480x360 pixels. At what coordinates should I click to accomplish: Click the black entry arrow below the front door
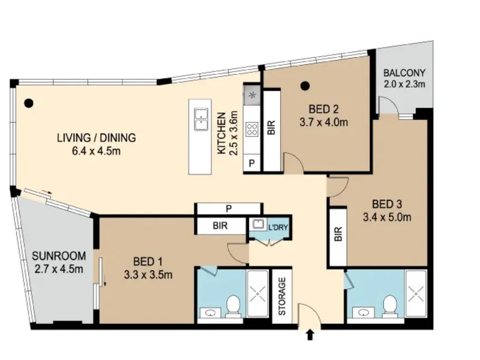point(310,335)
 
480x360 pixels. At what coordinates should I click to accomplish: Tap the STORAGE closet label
point(282,296)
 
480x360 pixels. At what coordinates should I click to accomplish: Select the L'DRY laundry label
point(278,227)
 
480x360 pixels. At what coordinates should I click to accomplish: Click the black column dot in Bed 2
point(305,86)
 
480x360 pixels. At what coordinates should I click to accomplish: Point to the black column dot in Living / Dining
point(28,103)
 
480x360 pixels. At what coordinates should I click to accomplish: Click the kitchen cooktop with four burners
point(252,128)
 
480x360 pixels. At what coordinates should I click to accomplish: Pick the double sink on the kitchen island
point(201,119)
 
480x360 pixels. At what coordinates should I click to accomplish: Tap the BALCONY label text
point(404,73)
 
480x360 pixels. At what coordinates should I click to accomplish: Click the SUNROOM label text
point(59,256)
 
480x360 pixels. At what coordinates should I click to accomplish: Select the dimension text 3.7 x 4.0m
point(323,122)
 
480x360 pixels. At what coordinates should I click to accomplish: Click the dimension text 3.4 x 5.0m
point(387,217)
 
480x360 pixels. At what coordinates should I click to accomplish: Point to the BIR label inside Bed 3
point(338,234)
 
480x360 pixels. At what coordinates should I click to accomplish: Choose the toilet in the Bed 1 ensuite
point(233,305)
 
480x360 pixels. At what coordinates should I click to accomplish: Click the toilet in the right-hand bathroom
point(390,305)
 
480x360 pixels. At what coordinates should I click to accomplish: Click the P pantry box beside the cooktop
point(251,163)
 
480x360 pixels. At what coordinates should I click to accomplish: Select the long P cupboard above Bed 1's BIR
point(229,209)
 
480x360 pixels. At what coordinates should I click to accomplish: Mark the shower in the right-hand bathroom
point(416,293)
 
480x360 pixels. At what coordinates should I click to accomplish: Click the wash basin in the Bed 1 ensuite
point(210,313)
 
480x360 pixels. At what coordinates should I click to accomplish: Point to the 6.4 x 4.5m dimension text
point(96,151)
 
